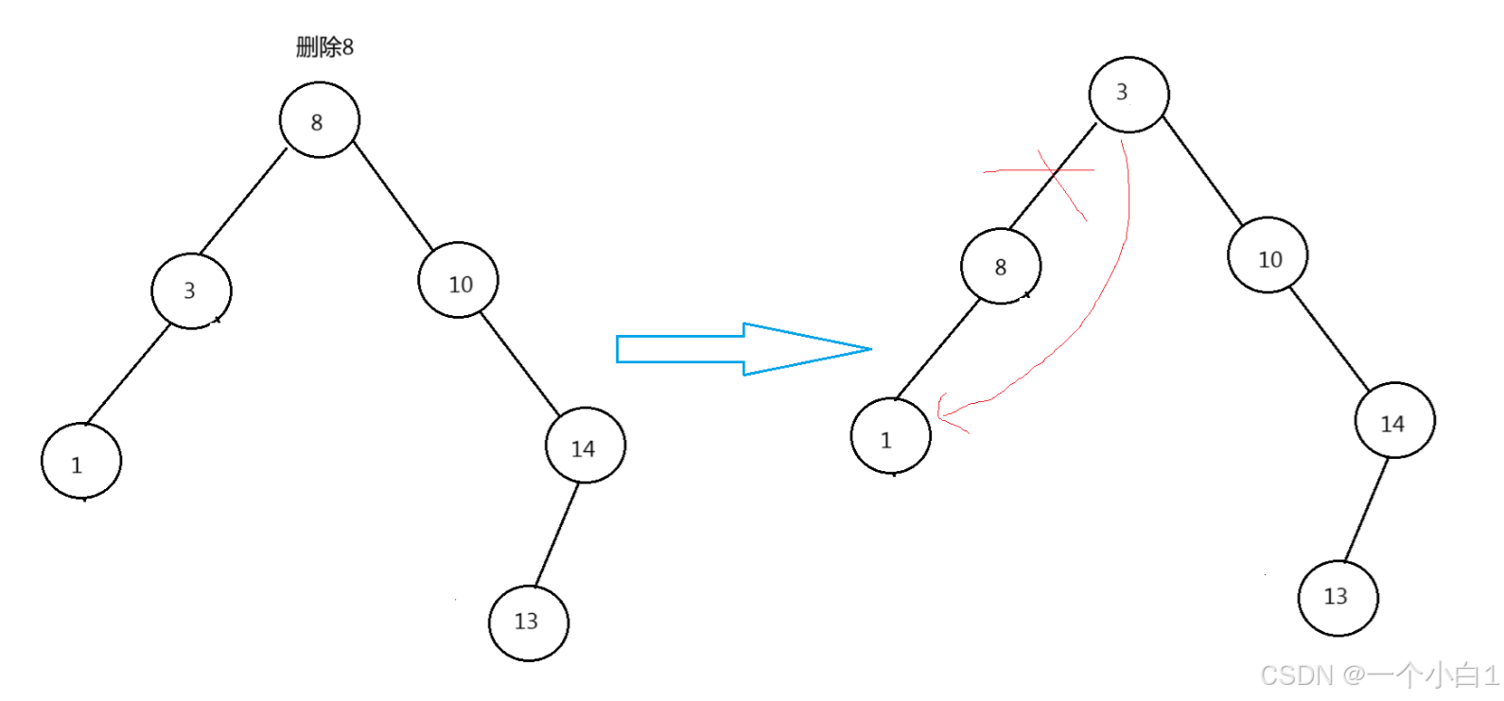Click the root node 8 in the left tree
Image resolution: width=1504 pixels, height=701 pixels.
click(x=320, y=120)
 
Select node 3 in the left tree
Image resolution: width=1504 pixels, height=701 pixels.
click(x=191, y=290)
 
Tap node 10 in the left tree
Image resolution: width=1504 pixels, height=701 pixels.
click(x=459, y=281)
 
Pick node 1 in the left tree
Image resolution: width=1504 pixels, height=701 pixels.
click(x=81, y=462)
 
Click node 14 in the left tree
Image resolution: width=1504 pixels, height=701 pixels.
click(x=586, y=446)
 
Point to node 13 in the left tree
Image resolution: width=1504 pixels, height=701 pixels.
click(x=529, y=622)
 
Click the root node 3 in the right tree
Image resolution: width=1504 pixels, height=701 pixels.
click(x=1128, y=94)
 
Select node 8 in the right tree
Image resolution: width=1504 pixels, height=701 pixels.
click(x=1001, y=266)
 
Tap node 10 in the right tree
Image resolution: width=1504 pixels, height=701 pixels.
click(x=1268, y=255)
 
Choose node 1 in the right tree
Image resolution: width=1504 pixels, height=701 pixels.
click(x=891, y=436)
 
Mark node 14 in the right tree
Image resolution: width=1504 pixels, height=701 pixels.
click(x=1394, y=421)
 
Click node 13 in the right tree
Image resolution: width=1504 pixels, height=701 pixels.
click(x=1338, y=598)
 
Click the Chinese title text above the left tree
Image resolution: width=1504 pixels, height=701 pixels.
click(x=324, y=46)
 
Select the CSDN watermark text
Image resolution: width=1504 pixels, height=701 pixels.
click(x=1379, y=675)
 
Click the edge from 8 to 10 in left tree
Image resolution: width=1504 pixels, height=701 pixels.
click(x=393, y=196)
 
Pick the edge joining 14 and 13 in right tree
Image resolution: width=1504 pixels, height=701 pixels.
click(x=1366, y=510)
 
